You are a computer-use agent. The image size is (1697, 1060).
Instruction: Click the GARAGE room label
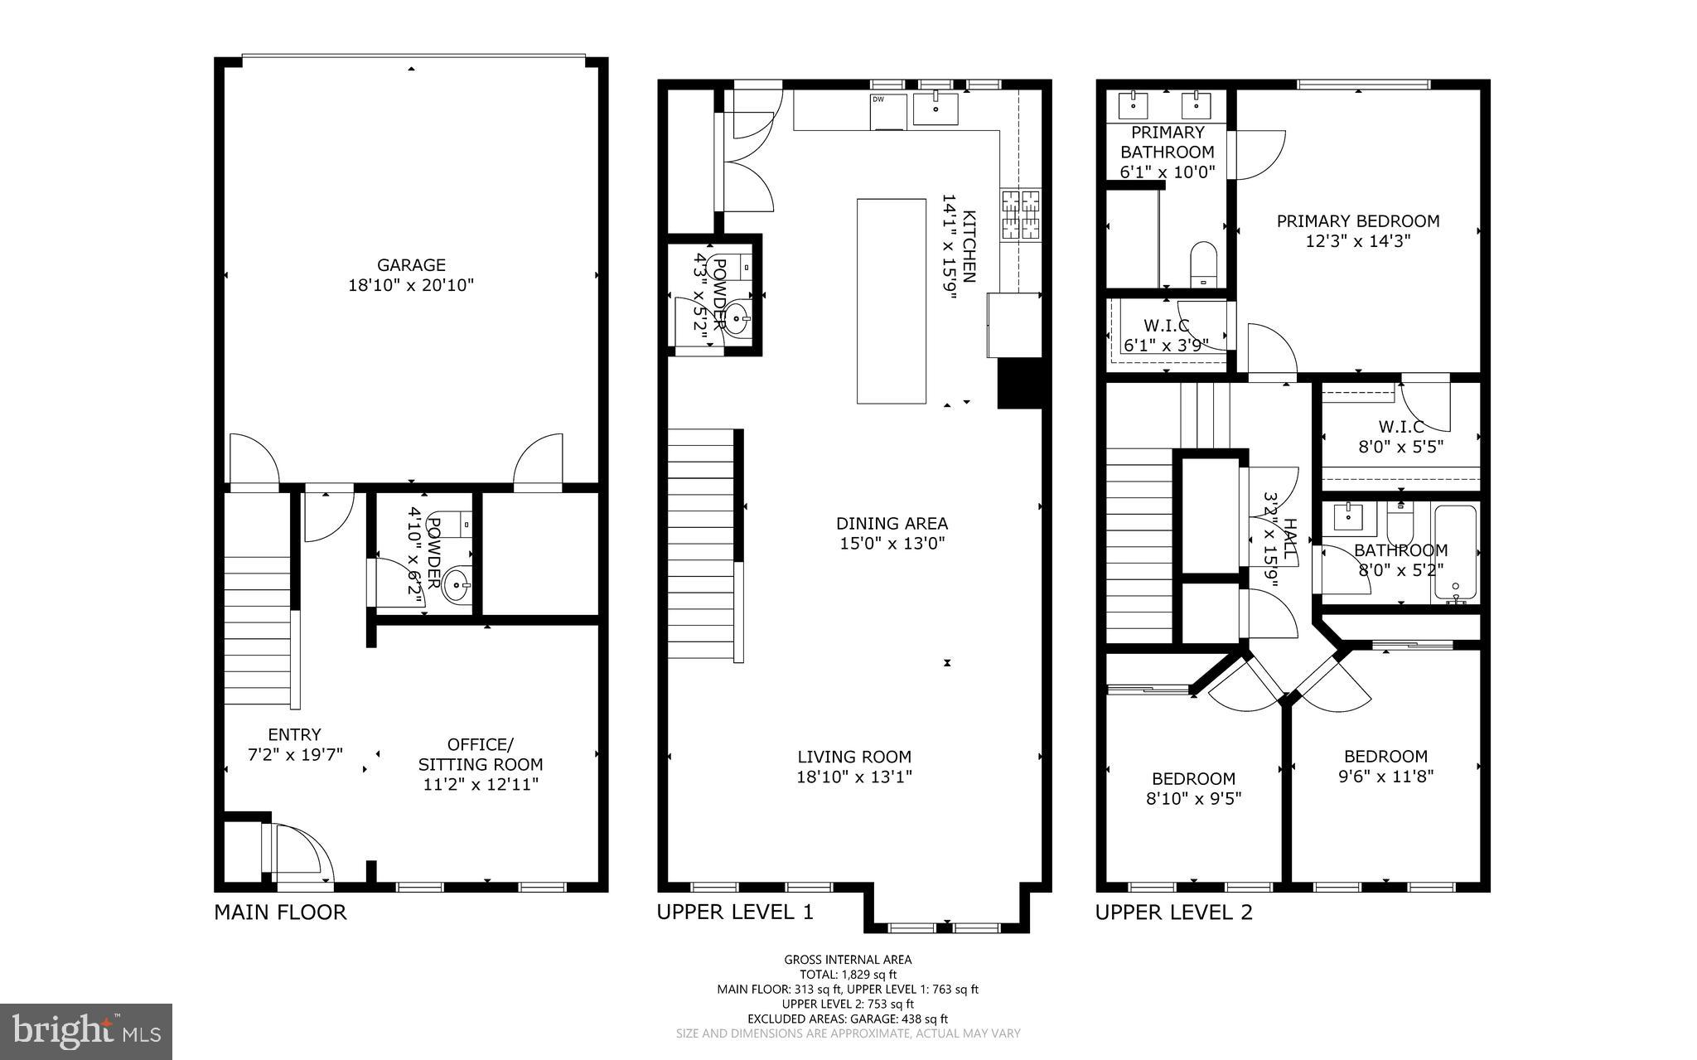(411, 265)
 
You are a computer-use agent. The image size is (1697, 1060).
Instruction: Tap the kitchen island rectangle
(891, 301)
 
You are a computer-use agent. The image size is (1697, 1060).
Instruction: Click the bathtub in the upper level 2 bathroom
(1455, 552)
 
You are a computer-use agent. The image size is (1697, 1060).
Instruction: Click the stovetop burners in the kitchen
(1021, 215)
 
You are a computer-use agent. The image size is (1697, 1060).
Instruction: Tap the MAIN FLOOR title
(280, 912)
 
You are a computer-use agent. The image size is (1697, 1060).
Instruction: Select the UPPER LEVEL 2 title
(1173, 912)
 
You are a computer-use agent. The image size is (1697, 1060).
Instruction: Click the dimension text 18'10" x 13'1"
(854, 777)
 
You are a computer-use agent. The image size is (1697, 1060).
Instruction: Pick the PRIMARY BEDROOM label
(1357, 221)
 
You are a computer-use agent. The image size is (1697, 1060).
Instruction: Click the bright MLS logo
(86, 1031)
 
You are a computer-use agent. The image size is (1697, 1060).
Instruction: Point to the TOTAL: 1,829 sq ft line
(848, 975)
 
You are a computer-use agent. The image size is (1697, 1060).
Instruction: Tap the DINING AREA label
(892, 524)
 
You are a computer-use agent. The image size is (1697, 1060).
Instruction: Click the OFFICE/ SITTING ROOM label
(481, 754)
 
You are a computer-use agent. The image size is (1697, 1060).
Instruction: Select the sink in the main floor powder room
(457, 586)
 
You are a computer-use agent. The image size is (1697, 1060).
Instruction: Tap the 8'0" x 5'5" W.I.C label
(1400, 437)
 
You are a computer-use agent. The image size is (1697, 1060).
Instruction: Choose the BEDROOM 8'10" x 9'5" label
(1193, 788)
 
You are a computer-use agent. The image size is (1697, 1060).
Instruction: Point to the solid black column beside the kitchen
(1019, 383)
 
